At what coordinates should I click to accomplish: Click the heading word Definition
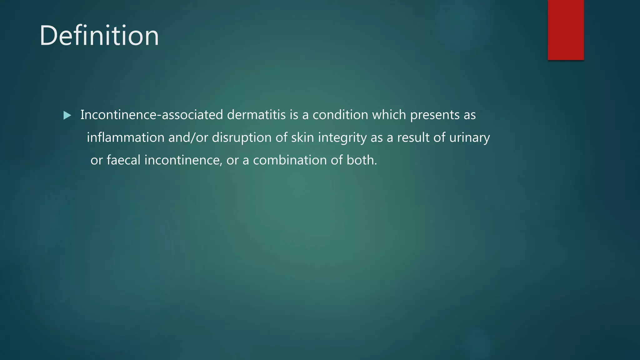[99, 36]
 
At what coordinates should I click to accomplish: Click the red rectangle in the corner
[566, 30]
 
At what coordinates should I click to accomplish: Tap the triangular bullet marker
[67, 116]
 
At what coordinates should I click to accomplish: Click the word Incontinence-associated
[152, 115]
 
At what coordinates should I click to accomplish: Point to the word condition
[340, 115]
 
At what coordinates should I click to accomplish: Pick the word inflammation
[125, 138]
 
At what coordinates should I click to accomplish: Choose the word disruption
[242, 138]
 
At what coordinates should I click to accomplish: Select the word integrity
[342, 138]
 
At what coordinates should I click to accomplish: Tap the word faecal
[123, 160]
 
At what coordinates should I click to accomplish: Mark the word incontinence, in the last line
[183, 160]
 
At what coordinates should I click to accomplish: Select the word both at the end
[361, 160]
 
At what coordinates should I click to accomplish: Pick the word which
[389, 115]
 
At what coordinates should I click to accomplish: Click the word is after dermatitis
[294, 115]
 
